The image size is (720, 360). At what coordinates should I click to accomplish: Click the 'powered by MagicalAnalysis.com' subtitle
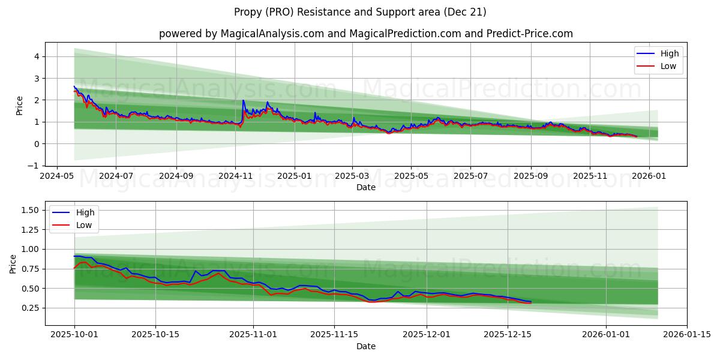pyautogui.click(x=365, y=34)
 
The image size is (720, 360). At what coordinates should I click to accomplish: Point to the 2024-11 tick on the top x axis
pyautogui.click(x=235, y=177)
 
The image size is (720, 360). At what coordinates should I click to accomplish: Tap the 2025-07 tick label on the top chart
pyautogui.click(x=470, y=177)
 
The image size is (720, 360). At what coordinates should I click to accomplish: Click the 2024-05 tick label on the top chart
pyautogui.click(x=57, y=177)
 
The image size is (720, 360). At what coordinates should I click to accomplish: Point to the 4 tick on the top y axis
pyautogui.click(x=36, y=56)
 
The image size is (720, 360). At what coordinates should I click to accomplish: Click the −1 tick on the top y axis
pyautogui.click(x=34, y=166)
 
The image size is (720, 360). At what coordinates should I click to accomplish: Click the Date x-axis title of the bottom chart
pyautogui.click(x=365, y=346)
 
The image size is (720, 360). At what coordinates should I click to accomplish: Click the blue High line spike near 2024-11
pyautogui.click(x=243, y=101)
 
